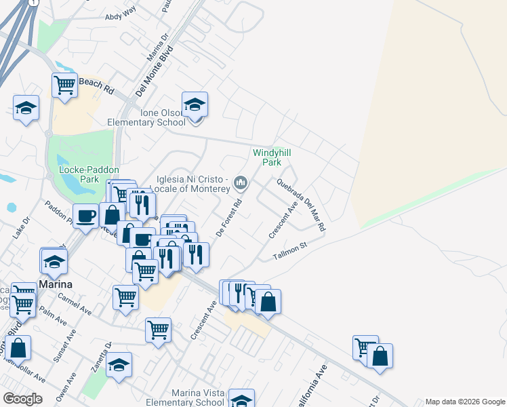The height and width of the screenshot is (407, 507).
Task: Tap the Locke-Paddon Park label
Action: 79,174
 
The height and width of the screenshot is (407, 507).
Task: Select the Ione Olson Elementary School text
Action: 146,117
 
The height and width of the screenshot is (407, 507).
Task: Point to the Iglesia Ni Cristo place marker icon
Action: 241,182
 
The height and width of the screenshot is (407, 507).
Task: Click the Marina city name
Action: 56,284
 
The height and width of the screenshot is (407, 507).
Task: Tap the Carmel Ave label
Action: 75,303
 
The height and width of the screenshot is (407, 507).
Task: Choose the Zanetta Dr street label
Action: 103,357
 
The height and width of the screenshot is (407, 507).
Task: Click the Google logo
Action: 22,399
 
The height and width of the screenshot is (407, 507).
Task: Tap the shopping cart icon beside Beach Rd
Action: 64,85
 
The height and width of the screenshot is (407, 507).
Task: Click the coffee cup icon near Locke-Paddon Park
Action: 85,216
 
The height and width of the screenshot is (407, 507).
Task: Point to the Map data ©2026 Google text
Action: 464,402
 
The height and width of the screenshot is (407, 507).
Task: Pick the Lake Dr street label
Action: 22,227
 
